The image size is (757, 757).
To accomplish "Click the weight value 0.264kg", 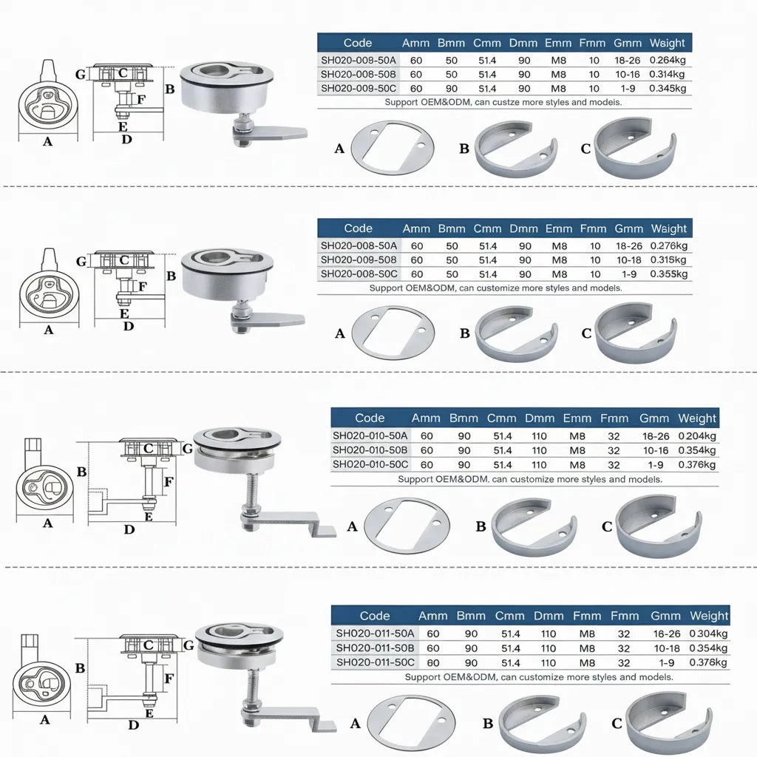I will pyautogui.click(x=668, y=61).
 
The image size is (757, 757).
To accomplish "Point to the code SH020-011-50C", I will pyautogui.click(x=375, y=662).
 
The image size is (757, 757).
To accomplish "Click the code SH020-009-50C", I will pyautogui.click(x=358, y=88).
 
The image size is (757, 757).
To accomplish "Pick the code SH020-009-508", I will pyautogui.click(x=358, y=259).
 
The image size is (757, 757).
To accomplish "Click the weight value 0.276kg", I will pyautogui.click(x=668, y=245).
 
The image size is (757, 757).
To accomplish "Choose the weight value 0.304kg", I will pyautogui.click(x=708, y=634).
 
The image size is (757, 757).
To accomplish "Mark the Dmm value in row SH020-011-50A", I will pyautogui.click(x=548, y=634).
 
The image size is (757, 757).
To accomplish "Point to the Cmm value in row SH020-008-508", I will pyautogui.click(x=487, y=75).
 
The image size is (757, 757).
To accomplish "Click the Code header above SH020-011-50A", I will pyautogui.click(x=374, y=615).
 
